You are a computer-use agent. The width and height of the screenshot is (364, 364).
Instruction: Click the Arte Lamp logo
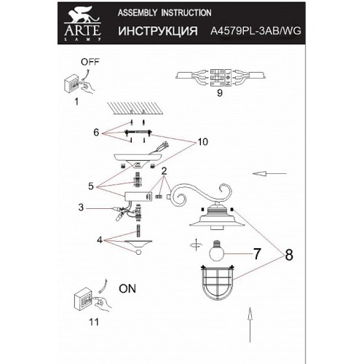82,23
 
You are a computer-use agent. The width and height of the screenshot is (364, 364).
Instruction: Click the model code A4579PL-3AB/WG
256,31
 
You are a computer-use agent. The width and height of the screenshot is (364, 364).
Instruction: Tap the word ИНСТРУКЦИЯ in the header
158,31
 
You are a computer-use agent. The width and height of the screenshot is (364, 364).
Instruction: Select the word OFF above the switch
90,62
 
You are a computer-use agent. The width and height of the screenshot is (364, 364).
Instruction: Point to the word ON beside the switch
127,288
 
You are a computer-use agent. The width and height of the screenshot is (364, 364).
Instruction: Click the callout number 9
220,92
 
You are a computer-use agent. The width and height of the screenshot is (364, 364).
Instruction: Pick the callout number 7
257,254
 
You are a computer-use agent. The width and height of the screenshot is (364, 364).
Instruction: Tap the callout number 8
289,255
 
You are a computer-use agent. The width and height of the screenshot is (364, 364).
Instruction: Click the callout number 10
202,142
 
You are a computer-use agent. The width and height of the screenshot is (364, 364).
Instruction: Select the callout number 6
96,132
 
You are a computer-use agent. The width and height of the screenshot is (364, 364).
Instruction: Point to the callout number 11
94,322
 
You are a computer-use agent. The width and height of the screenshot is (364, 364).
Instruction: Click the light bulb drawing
217,250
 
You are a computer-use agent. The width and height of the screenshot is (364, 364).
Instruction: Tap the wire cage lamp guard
218,283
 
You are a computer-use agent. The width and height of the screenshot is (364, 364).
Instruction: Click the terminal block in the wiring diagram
221,78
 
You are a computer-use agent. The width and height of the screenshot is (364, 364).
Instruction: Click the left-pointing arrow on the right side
269,173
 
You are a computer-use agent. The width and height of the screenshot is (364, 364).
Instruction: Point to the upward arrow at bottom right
250,325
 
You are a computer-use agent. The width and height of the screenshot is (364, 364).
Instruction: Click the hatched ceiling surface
135,108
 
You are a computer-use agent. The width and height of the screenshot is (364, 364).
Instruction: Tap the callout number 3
81,207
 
